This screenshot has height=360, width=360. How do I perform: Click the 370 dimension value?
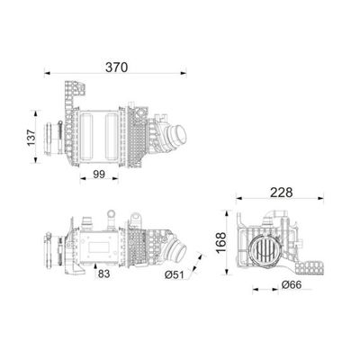[x=116, y=67]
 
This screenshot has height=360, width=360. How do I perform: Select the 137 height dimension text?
[x=31, y=138]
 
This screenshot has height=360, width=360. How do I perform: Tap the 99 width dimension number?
[x=99, y=175]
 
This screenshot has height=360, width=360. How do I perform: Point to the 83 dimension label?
[x=103, y=274]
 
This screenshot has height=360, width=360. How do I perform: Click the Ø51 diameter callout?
[x=174, y=274]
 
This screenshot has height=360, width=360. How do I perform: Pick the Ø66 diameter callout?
[x=292, y=284]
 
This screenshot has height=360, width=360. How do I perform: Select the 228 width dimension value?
[x=281, y=193]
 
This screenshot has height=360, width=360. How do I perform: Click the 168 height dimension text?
[x=220, y=243]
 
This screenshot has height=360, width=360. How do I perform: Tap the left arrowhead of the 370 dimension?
[x=47, y=72]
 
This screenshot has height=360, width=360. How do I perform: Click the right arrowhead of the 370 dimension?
[x=183, y=72]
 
